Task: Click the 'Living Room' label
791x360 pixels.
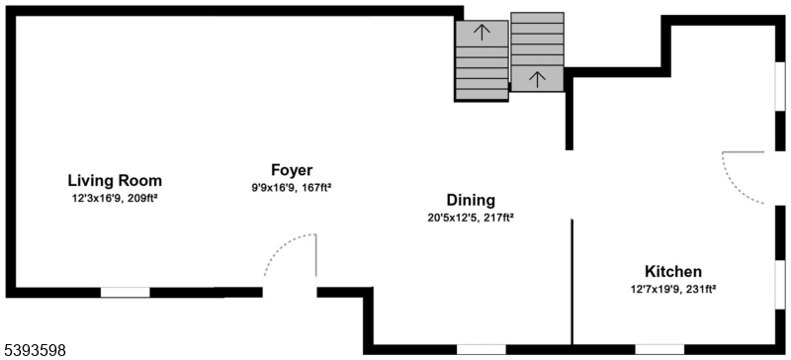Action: pos(115,181)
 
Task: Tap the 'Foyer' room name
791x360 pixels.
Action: pos(292,169)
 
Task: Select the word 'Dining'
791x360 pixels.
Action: pos(470,200)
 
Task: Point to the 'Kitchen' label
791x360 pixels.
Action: pos(673,271)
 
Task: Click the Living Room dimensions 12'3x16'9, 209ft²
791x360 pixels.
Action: pos(115,199)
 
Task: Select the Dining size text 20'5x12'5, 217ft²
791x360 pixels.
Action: pos(470,218)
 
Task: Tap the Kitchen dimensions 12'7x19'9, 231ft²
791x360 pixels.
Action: pos(673,289)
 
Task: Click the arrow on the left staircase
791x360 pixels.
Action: pos(482,32)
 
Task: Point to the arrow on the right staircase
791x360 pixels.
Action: pos(537,77)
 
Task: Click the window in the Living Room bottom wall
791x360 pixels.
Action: pos(126,292)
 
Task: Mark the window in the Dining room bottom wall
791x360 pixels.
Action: pos(482,349)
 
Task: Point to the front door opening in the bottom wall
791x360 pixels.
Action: pos(289,292)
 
